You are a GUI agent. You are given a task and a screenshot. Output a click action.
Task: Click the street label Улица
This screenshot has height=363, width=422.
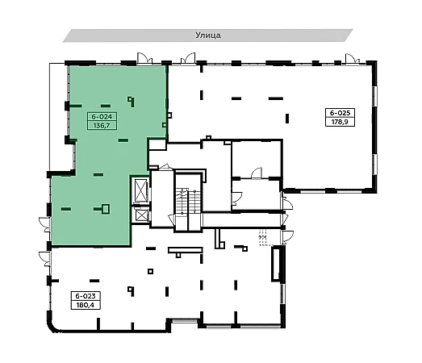coord(208,35)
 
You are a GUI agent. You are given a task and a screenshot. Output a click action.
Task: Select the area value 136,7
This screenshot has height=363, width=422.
coord(102,125)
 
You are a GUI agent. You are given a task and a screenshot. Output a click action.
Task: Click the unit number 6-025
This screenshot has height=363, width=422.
coord(340,113)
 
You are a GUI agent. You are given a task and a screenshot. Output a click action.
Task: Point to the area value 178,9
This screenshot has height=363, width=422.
coord(340,122)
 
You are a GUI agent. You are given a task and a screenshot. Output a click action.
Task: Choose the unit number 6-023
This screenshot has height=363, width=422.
coord(86,296)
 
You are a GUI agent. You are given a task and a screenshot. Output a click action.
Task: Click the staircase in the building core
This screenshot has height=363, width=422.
coord(188,202)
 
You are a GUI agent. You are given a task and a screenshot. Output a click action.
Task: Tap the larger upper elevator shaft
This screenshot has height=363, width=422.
coord(141,190)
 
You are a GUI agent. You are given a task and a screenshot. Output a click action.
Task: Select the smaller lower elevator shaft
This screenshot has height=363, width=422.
coord(141,215)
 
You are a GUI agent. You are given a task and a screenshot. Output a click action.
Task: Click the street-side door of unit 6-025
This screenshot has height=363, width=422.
coord(353,58)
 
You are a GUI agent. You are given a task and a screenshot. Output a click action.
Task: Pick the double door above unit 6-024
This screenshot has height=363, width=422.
coord(144,58)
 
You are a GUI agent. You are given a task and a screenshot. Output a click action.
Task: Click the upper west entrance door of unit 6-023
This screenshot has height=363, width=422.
coord(44,224)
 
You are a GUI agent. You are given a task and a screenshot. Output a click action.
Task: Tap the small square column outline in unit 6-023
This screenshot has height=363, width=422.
coord(150,271)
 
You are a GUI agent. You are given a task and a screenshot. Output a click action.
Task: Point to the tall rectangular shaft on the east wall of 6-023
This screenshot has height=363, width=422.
coord(276,264)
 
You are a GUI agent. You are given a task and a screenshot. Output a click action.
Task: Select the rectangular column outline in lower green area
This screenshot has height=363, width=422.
coord(106,209)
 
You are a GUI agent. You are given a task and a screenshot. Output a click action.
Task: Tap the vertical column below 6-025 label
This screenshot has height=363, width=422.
coord(287,119)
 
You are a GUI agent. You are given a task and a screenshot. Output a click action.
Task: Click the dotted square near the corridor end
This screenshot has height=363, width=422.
coord(265,238)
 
